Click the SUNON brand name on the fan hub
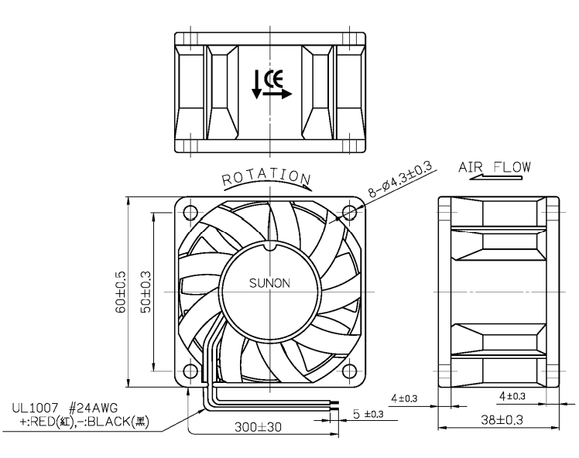coord(269,283)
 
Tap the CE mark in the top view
coord(273,78)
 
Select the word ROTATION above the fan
coord(266,178)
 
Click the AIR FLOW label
coord(495,168)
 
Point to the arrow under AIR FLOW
coord(496,177)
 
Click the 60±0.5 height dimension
coord(121,292)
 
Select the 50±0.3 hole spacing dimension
coord(146,292)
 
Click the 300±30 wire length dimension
coord(258,427)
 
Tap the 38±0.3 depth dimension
coord(502,419)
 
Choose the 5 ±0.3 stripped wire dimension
coord(368,414)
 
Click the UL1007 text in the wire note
coord(35,408)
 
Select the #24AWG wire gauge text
coord(94,408)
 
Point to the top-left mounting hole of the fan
coord(190,213)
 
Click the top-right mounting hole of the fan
coord(350,213)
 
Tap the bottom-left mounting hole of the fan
coord(190,371)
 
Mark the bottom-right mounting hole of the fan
coord(350,371)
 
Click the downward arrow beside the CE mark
coord(256,85)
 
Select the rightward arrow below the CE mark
coord(277,94)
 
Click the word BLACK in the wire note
coord(108,422)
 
